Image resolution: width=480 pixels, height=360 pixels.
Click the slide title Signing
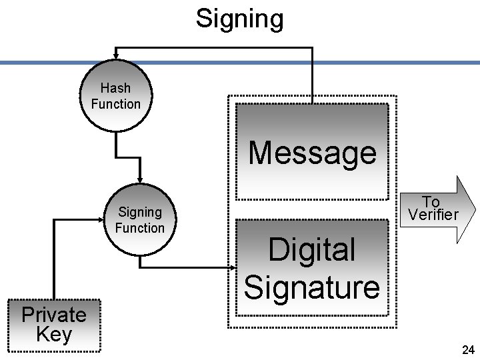coord(239,19)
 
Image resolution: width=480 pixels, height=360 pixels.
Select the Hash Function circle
coord(116,96)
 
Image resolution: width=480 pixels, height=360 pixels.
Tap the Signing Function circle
coord(139,220)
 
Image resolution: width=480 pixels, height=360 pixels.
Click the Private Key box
coord(53,325)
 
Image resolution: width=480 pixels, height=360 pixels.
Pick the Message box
coord(312,151)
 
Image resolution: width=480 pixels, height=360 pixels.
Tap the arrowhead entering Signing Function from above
coord(139,179)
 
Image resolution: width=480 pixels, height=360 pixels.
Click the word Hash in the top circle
coord(116,88)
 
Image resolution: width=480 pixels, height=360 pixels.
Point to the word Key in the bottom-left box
coord(53,334)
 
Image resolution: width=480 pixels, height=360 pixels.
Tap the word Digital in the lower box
coord(312,251)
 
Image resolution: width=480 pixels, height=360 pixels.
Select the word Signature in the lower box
coord(312,287)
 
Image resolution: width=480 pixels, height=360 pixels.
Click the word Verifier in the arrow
coord(433,215)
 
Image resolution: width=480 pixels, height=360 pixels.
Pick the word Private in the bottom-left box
coord(53,315)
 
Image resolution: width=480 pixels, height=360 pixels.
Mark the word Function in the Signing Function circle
coord(139,228)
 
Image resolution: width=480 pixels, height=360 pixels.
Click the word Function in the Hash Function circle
coord(116,104)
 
